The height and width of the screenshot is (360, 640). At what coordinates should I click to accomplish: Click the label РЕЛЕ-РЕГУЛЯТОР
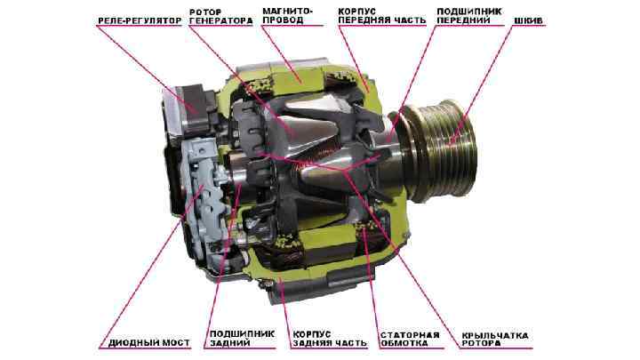pos(140,20)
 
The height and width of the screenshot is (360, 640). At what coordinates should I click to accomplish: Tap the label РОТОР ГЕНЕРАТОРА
pos(220,16)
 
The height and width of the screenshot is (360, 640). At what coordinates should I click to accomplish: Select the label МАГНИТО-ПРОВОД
pos(288,16)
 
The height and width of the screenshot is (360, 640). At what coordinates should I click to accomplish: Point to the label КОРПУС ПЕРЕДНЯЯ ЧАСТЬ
pos(382,16)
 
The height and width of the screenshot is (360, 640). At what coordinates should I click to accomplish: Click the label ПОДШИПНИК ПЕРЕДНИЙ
pos(469,16)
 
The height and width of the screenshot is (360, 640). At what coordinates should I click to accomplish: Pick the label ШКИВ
pos(528,20)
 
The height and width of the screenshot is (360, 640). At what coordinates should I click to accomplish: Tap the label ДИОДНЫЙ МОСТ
pos(149,343)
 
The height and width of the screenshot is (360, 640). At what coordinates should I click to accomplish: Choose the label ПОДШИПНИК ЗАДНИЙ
pos(243,339)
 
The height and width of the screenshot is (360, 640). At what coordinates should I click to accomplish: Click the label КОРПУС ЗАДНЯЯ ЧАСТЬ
pos(330,339)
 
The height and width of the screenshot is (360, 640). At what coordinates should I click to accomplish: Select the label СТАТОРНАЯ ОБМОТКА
pos(410,340)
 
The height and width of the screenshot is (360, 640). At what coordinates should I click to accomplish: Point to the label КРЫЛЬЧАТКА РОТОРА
pos(495,340)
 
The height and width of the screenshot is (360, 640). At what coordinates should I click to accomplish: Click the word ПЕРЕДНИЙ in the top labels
pos(463,20)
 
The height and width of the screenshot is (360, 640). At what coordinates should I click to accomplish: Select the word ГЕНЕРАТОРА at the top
pos(220,20)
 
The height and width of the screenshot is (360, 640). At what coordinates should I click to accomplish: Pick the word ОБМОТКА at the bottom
pos(404,344)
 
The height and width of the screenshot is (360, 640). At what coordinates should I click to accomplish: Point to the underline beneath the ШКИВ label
pos(528,27)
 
